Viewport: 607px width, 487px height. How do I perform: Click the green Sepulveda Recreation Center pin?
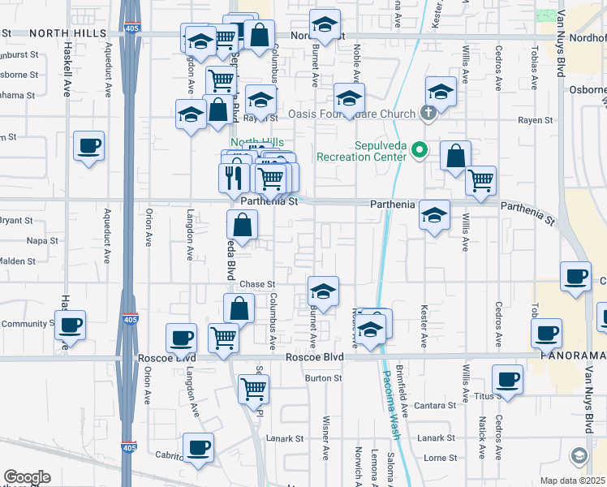pyautogui.click(x=420, y=150)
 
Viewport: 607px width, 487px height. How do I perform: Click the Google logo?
pyautogui.click(x=26, y=477)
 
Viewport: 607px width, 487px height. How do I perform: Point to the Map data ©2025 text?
pyautogui.click(x=573, y=481)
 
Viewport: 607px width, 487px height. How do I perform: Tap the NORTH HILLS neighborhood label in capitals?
pyautogui.click(x=68, y=32)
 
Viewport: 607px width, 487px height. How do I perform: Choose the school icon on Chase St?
pyautogui.click(x=323, y=291)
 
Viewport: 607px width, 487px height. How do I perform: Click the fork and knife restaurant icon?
pyautogui.click(x=234, y=176)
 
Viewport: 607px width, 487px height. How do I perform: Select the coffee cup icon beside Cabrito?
pyautogui.click(x=197, y=446)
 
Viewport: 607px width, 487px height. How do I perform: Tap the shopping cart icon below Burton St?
pyautogui.click(x=253, y=389)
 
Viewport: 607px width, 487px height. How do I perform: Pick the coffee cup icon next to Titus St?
pyautogui.click(x=508, y=379)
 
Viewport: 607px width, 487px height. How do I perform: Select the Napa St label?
pyautogui.click(x=42, y=241)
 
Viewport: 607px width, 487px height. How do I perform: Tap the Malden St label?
pyautogui.click(x=19, y=261)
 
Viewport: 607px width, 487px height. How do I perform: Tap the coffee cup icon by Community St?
pyautogui.click(x=69, y=326)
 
